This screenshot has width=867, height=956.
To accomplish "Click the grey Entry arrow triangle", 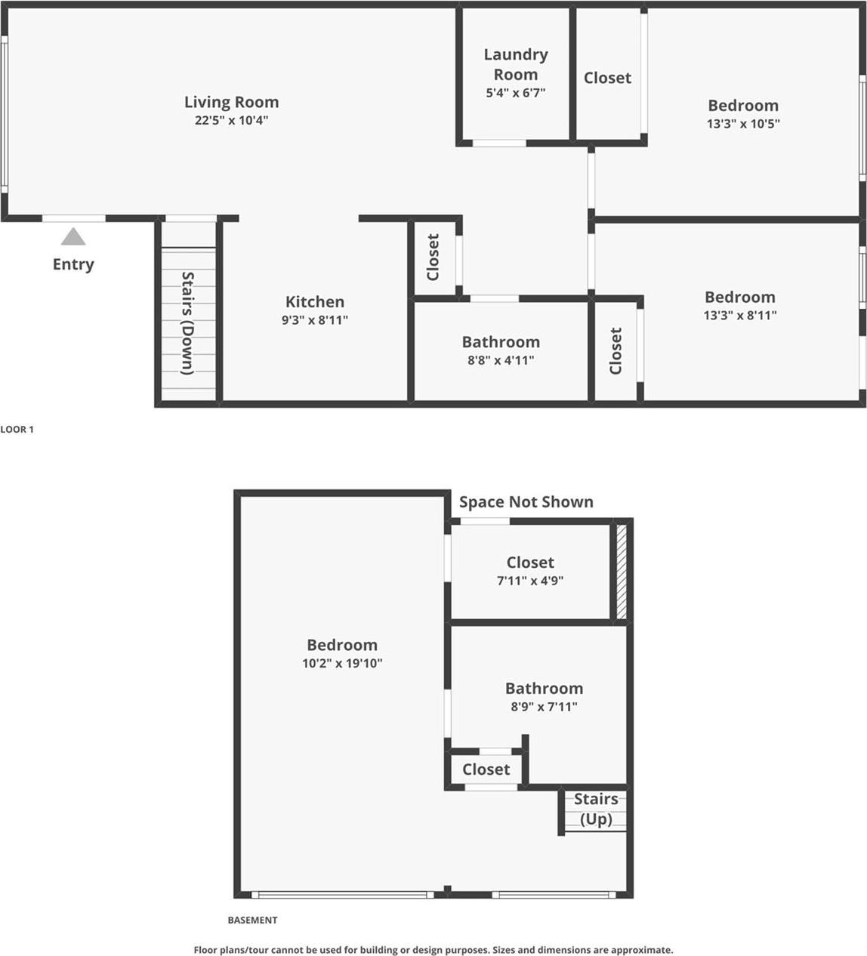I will tap(73, 237).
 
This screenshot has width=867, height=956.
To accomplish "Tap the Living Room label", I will tap(231, 102).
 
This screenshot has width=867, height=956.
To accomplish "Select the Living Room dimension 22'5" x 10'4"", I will tap(231, 120).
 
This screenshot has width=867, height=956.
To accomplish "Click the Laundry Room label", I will tap(516, 64).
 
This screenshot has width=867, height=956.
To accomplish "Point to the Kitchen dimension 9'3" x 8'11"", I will tap(314, 320).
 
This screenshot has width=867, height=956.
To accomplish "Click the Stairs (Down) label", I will tap(188, 323).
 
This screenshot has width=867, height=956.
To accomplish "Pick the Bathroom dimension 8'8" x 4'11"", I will tap(501, 361).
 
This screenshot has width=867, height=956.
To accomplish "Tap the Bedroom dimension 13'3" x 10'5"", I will tap(743, 124).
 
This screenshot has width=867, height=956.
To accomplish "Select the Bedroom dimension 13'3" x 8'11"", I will tap(740, 316).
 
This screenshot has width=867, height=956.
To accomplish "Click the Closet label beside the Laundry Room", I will tap(607, 78).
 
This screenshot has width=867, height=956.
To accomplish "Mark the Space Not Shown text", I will tap(526, 502).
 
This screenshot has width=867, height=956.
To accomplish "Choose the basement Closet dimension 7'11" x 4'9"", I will tap(530, 581).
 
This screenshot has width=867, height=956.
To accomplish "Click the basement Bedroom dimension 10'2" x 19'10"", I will tap(342, 664).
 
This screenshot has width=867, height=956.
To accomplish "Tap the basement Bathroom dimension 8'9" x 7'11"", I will tap(544, 707).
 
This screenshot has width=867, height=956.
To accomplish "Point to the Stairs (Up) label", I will tap(596, 809).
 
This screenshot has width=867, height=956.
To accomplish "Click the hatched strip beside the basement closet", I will tap(622, 572).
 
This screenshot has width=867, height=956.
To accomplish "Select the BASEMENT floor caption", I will tap(252, 920).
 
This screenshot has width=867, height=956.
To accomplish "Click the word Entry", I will tap(73, 264).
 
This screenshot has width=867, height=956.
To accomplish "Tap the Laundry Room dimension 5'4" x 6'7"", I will tap(516, 93).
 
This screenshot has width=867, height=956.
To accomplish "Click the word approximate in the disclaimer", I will tap(642, 950).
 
